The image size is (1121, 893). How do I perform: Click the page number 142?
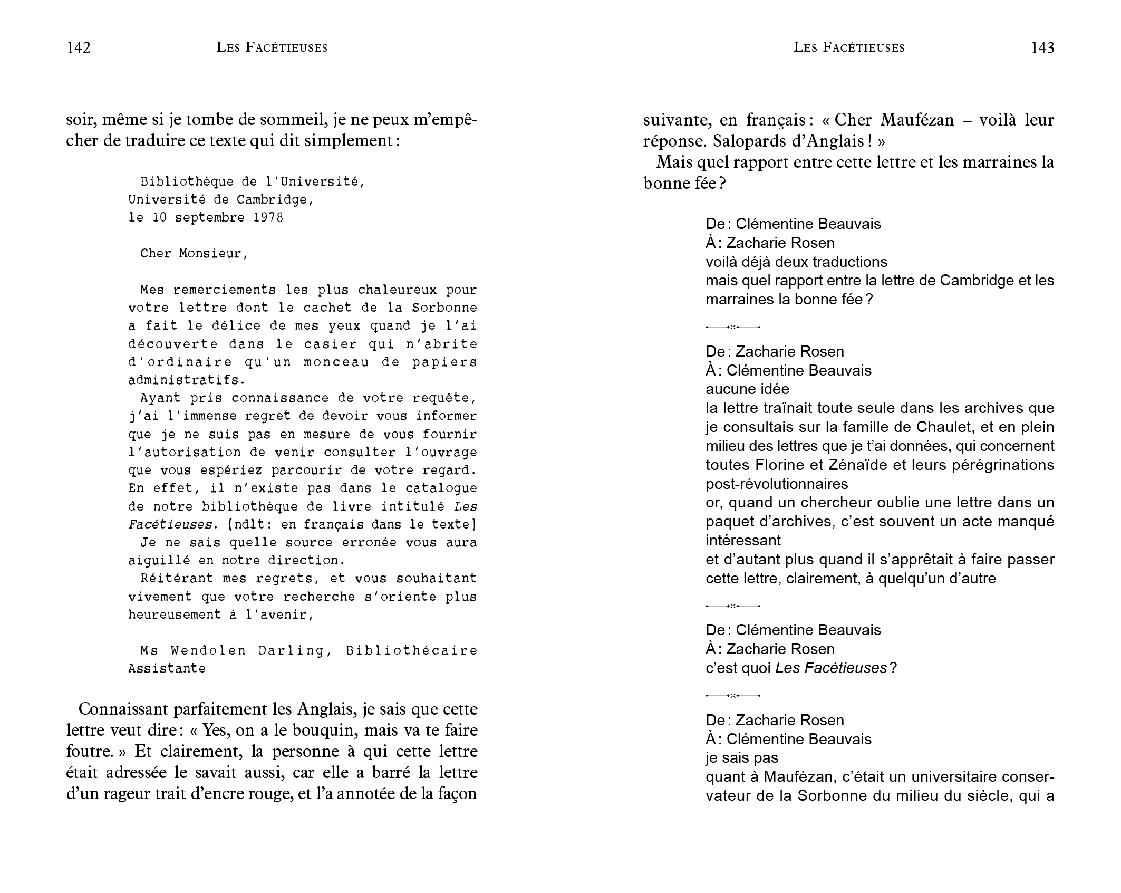[79, 48]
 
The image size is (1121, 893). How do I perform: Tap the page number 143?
[1042, 48]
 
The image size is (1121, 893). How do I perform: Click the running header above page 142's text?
[272, 48]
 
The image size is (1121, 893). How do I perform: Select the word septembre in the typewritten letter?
[210, 218]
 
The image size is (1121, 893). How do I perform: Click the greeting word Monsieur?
[212, 254]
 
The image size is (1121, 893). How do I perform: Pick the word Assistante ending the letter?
[167, 669]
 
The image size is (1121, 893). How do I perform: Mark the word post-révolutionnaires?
[777, 484]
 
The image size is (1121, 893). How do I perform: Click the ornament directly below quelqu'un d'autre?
[733, 606]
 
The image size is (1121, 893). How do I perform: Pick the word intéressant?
[743, 541]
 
